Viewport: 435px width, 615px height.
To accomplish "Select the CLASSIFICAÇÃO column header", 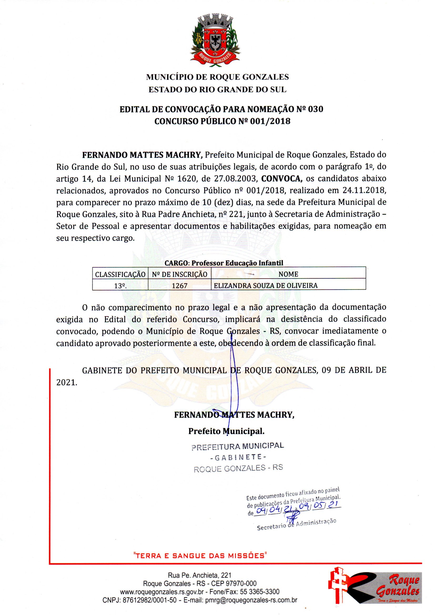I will click(x=120, y=274).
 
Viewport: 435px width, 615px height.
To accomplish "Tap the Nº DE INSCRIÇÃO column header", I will click(x=179, y=274).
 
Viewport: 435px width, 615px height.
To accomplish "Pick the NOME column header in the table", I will click(x=288, y=274).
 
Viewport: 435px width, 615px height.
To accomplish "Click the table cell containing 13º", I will click(x=120, y=286).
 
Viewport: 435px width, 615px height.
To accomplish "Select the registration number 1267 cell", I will click(x=179, y=286).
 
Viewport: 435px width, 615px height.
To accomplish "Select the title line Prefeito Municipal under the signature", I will click(x=226, y=431).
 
